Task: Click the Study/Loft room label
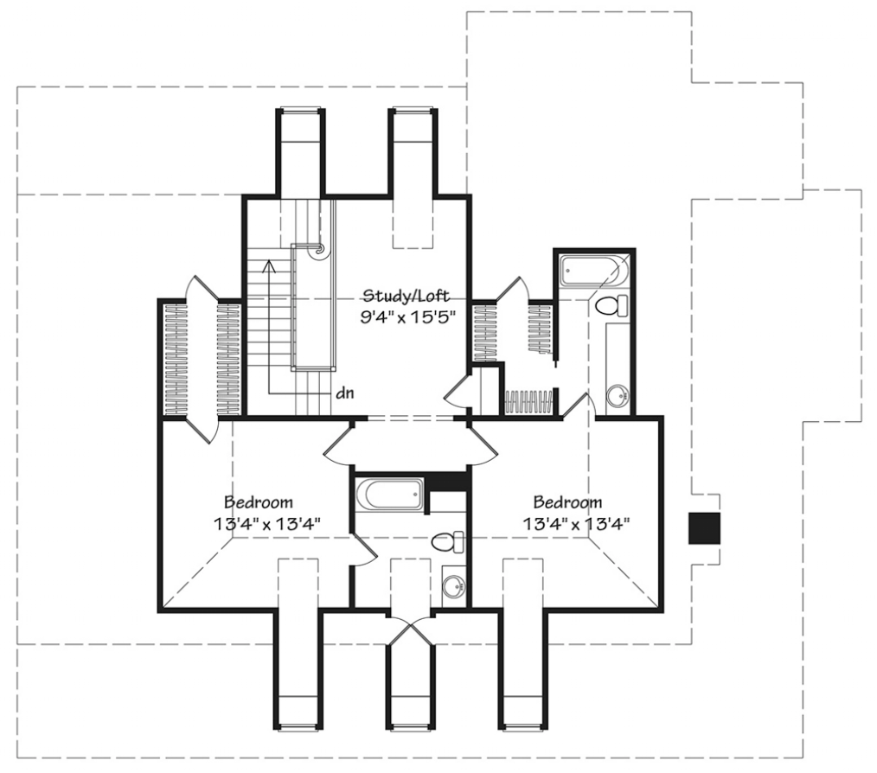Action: pos(406,297)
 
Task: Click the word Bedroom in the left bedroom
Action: pos(259,501)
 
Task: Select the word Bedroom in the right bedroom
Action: pos(567,501)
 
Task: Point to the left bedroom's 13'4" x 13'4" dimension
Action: pos(266,524)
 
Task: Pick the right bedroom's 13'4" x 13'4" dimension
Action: pos(577,524)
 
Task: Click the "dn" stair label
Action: pos(345,393)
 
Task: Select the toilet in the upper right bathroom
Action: pos(611,305)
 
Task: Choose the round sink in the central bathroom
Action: pos(453,587)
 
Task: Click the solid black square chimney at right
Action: pos(704,528)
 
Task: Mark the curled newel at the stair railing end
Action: pos(320,250)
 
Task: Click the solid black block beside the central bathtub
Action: pos(447,481)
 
